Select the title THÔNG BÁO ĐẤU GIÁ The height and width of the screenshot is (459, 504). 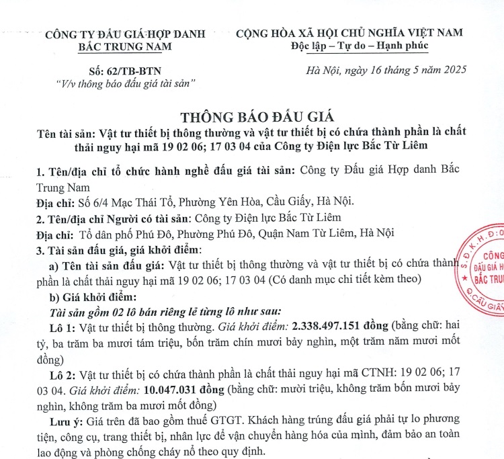click(x=251, y=115)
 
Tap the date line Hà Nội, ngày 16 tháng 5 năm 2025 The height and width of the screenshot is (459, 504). click(x=386, y=70)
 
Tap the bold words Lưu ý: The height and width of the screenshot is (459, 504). click(x=66, y=421)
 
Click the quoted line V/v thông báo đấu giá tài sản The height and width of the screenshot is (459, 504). click(x=125, y=84)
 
